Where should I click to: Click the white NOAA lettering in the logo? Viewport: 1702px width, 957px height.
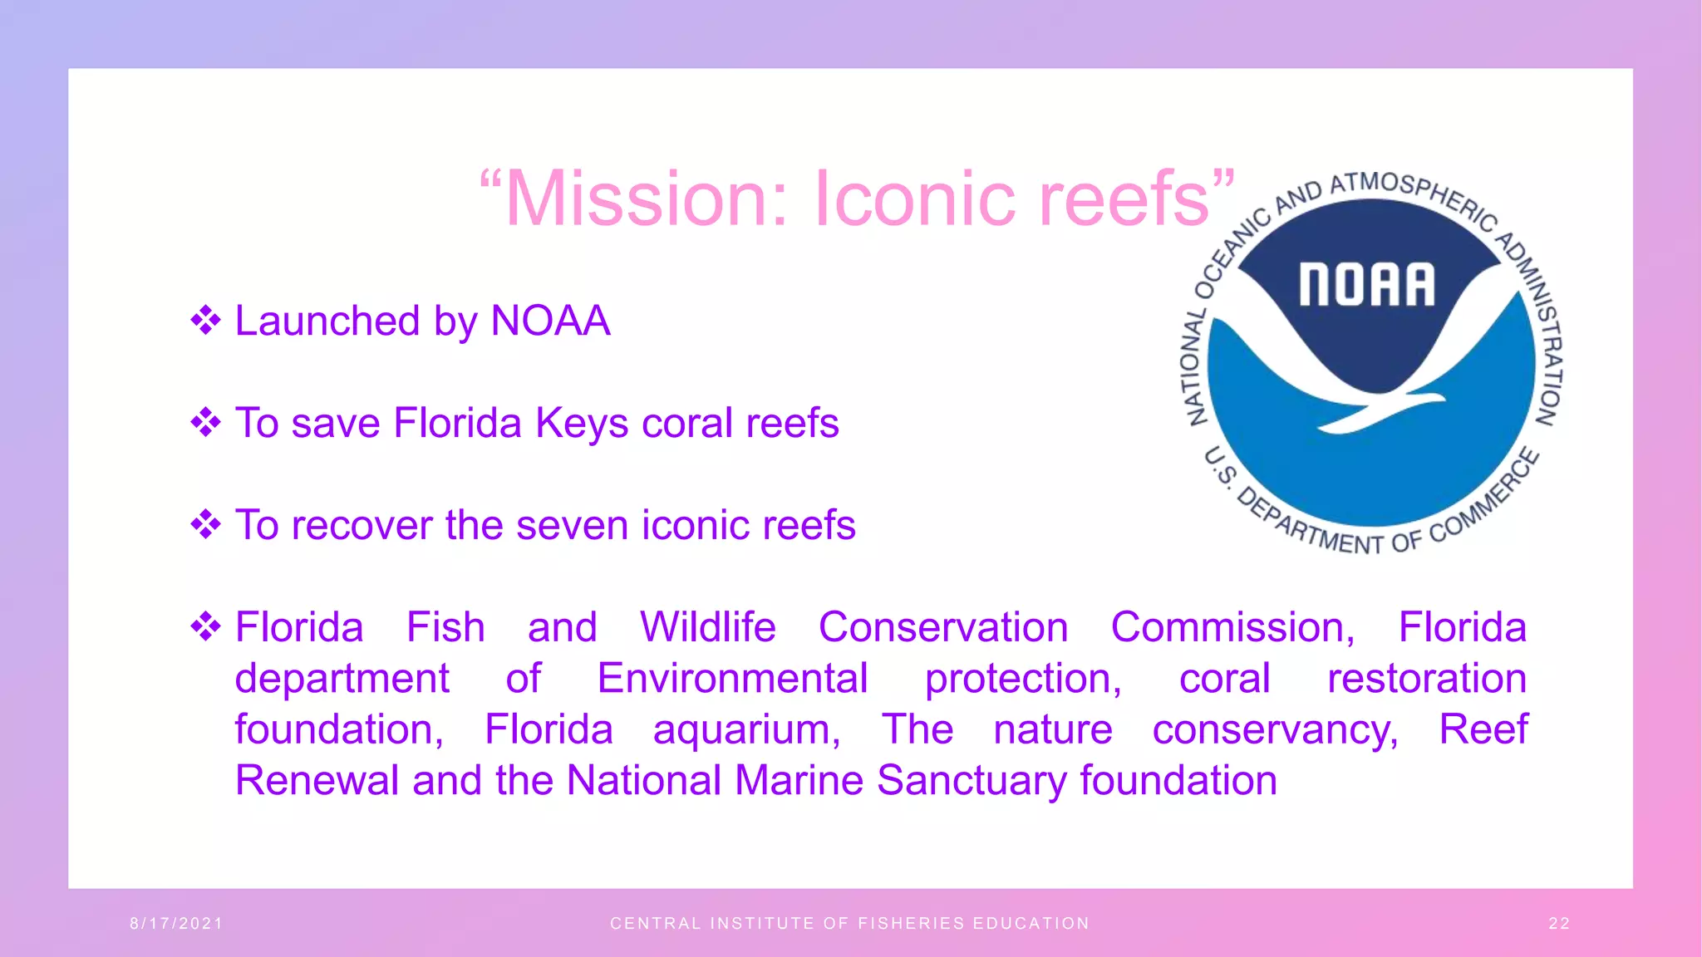[x=1367, y=285]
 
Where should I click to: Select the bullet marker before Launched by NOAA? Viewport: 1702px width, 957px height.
[x=205, y=321]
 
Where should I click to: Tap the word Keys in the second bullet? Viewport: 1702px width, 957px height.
[x=582, y=424]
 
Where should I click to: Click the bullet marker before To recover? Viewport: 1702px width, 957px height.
[x=205, y=525]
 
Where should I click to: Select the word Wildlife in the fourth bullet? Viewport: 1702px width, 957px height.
[x=707, y=627]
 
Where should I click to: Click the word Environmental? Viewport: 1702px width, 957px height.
[x=732, y=679]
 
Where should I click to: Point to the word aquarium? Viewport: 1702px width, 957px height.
[x=746, y=730]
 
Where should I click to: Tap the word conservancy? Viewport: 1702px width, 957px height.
[x=1275, y=730]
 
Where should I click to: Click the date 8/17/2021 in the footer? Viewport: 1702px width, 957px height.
[x=176, y=924]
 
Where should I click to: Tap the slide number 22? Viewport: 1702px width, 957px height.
[x=1559, y=924]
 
